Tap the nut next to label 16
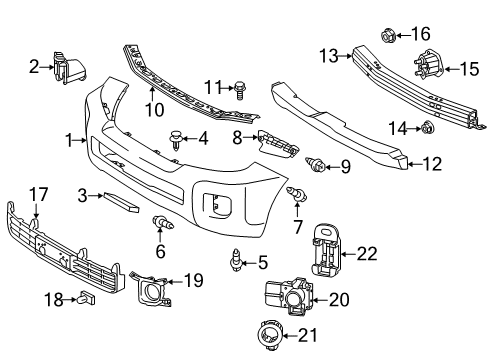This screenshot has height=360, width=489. point(388,36)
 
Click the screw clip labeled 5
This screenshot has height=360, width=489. point(236,263)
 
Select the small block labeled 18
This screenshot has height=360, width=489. point(85,298)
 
